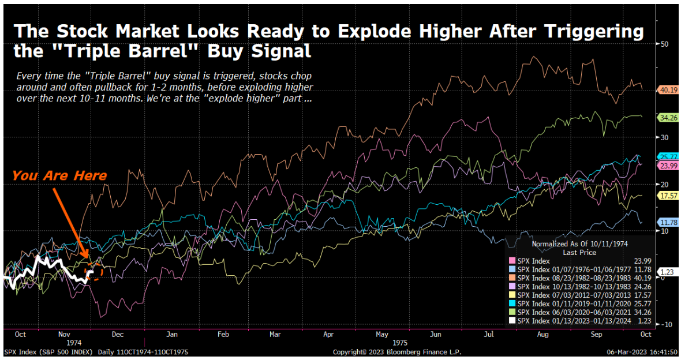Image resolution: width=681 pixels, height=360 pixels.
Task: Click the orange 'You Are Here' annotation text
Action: tap(59, 175)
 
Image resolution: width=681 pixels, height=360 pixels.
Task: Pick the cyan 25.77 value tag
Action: tap(668, 156)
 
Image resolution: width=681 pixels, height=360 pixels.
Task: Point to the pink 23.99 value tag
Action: tap(668, 165)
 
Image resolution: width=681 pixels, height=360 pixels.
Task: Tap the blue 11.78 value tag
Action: tap(668, 222)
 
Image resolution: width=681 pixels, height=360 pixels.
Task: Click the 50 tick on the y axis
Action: tap(664, 43)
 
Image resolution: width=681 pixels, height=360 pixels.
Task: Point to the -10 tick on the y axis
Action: tap(665, 324)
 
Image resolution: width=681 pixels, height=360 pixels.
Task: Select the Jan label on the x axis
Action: tap(171, 334)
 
